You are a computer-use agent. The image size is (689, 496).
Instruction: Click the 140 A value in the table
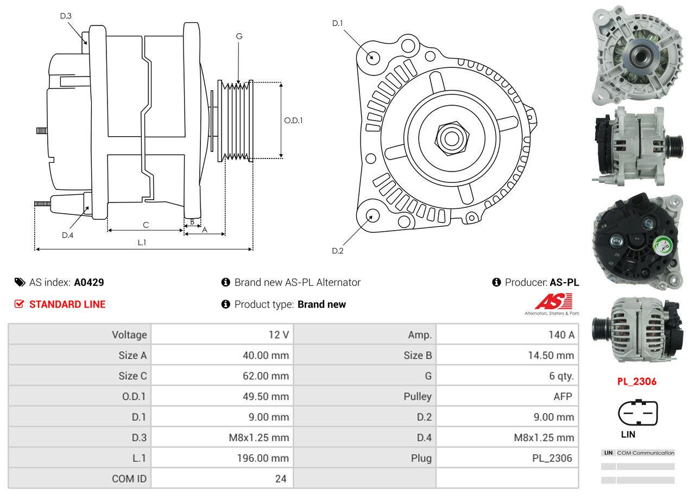(561, 335)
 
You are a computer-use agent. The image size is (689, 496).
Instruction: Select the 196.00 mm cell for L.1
(263, 458)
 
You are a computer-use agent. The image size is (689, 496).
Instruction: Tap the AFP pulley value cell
(562, 396)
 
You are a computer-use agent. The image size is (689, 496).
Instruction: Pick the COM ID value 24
(281, 479)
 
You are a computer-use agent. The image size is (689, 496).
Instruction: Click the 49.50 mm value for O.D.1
(266, 396)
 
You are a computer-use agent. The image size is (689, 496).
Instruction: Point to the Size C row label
(132, 376)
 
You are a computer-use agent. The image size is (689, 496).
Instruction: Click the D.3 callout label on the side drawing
(66, 16)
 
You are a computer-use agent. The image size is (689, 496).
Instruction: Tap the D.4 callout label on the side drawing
(67, 235)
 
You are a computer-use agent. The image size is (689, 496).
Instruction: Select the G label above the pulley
(239, 36)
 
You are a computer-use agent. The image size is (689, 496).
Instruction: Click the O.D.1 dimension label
(293, 120)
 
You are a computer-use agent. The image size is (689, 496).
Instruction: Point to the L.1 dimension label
(142, 243)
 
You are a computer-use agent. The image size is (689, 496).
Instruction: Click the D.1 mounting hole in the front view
(372, 57)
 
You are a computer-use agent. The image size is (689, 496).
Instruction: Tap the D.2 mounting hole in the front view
(372, 215)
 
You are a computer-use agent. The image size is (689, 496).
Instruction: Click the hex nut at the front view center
(450, 137)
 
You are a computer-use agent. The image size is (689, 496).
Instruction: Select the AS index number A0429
(89, 282)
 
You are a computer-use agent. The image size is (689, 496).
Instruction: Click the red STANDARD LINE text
(67, 304)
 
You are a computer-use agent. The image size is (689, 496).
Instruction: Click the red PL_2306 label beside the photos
(636, 381)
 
